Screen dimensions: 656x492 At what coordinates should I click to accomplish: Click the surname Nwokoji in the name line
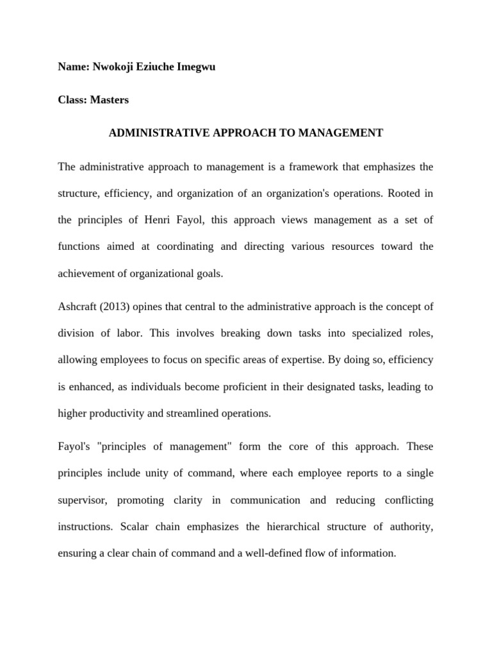[113, 67]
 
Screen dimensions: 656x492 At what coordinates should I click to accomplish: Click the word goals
[209, 274]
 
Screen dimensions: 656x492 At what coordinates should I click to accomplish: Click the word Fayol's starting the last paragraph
[74, 447]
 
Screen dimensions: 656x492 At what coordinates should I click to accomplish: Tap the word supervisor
[83, 500]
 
